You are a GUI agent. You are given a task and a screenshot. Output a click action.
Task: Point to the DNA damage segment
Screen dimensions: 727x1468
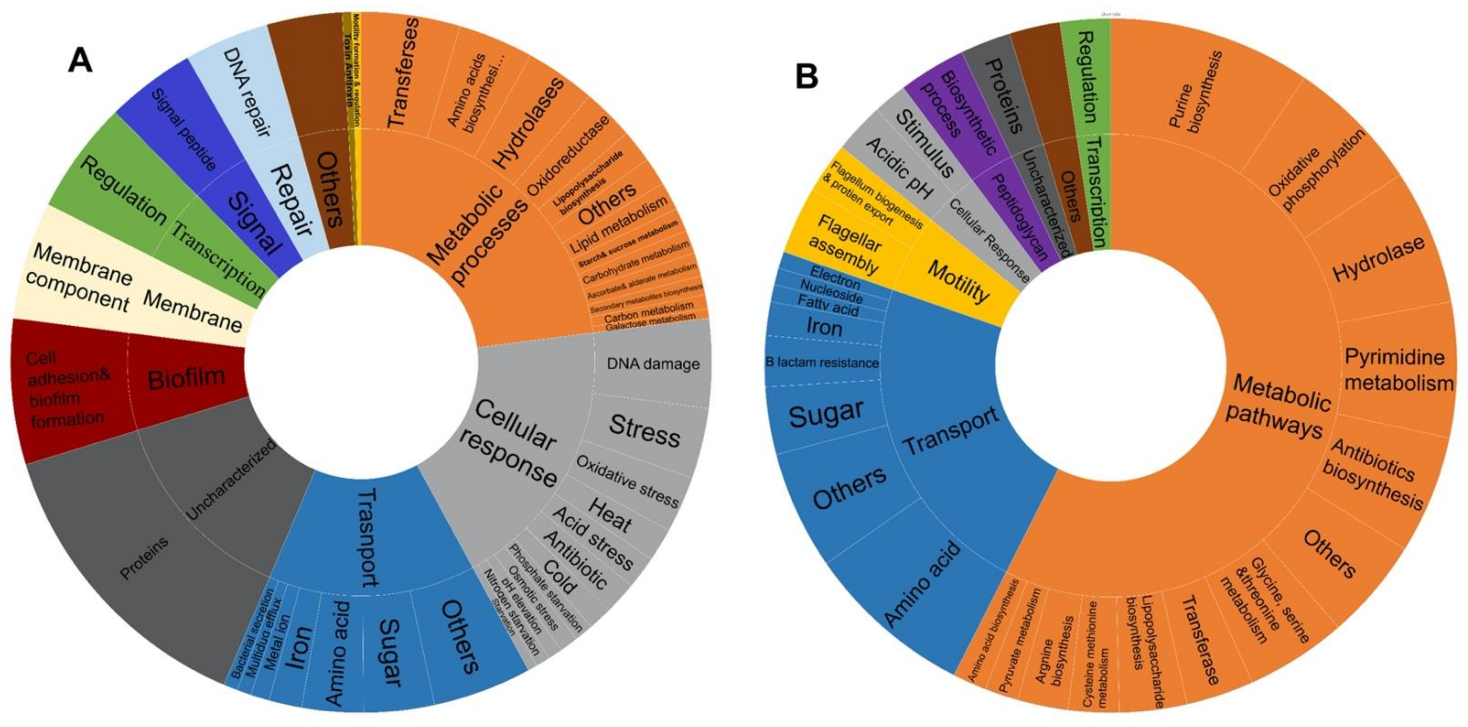(652, 365)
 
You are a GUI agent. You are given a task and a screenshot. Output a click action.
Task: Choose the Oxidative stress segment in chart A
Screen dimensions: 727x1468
(627, 482)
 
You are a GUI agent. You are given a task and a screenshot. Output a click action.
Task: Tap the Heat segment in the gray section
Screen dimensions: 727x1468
(610, 516)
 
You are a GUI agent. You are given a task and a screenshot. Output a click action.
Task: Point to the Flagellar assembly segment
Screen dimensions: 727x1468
(846, 245)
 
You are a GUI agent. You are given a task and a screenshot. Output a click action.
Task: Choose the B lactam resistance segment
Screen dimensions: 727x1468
(822, 363)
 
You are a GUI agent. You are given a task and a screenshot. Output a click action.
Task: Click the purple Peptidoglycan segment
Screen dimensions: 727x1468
(1020, 217)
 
